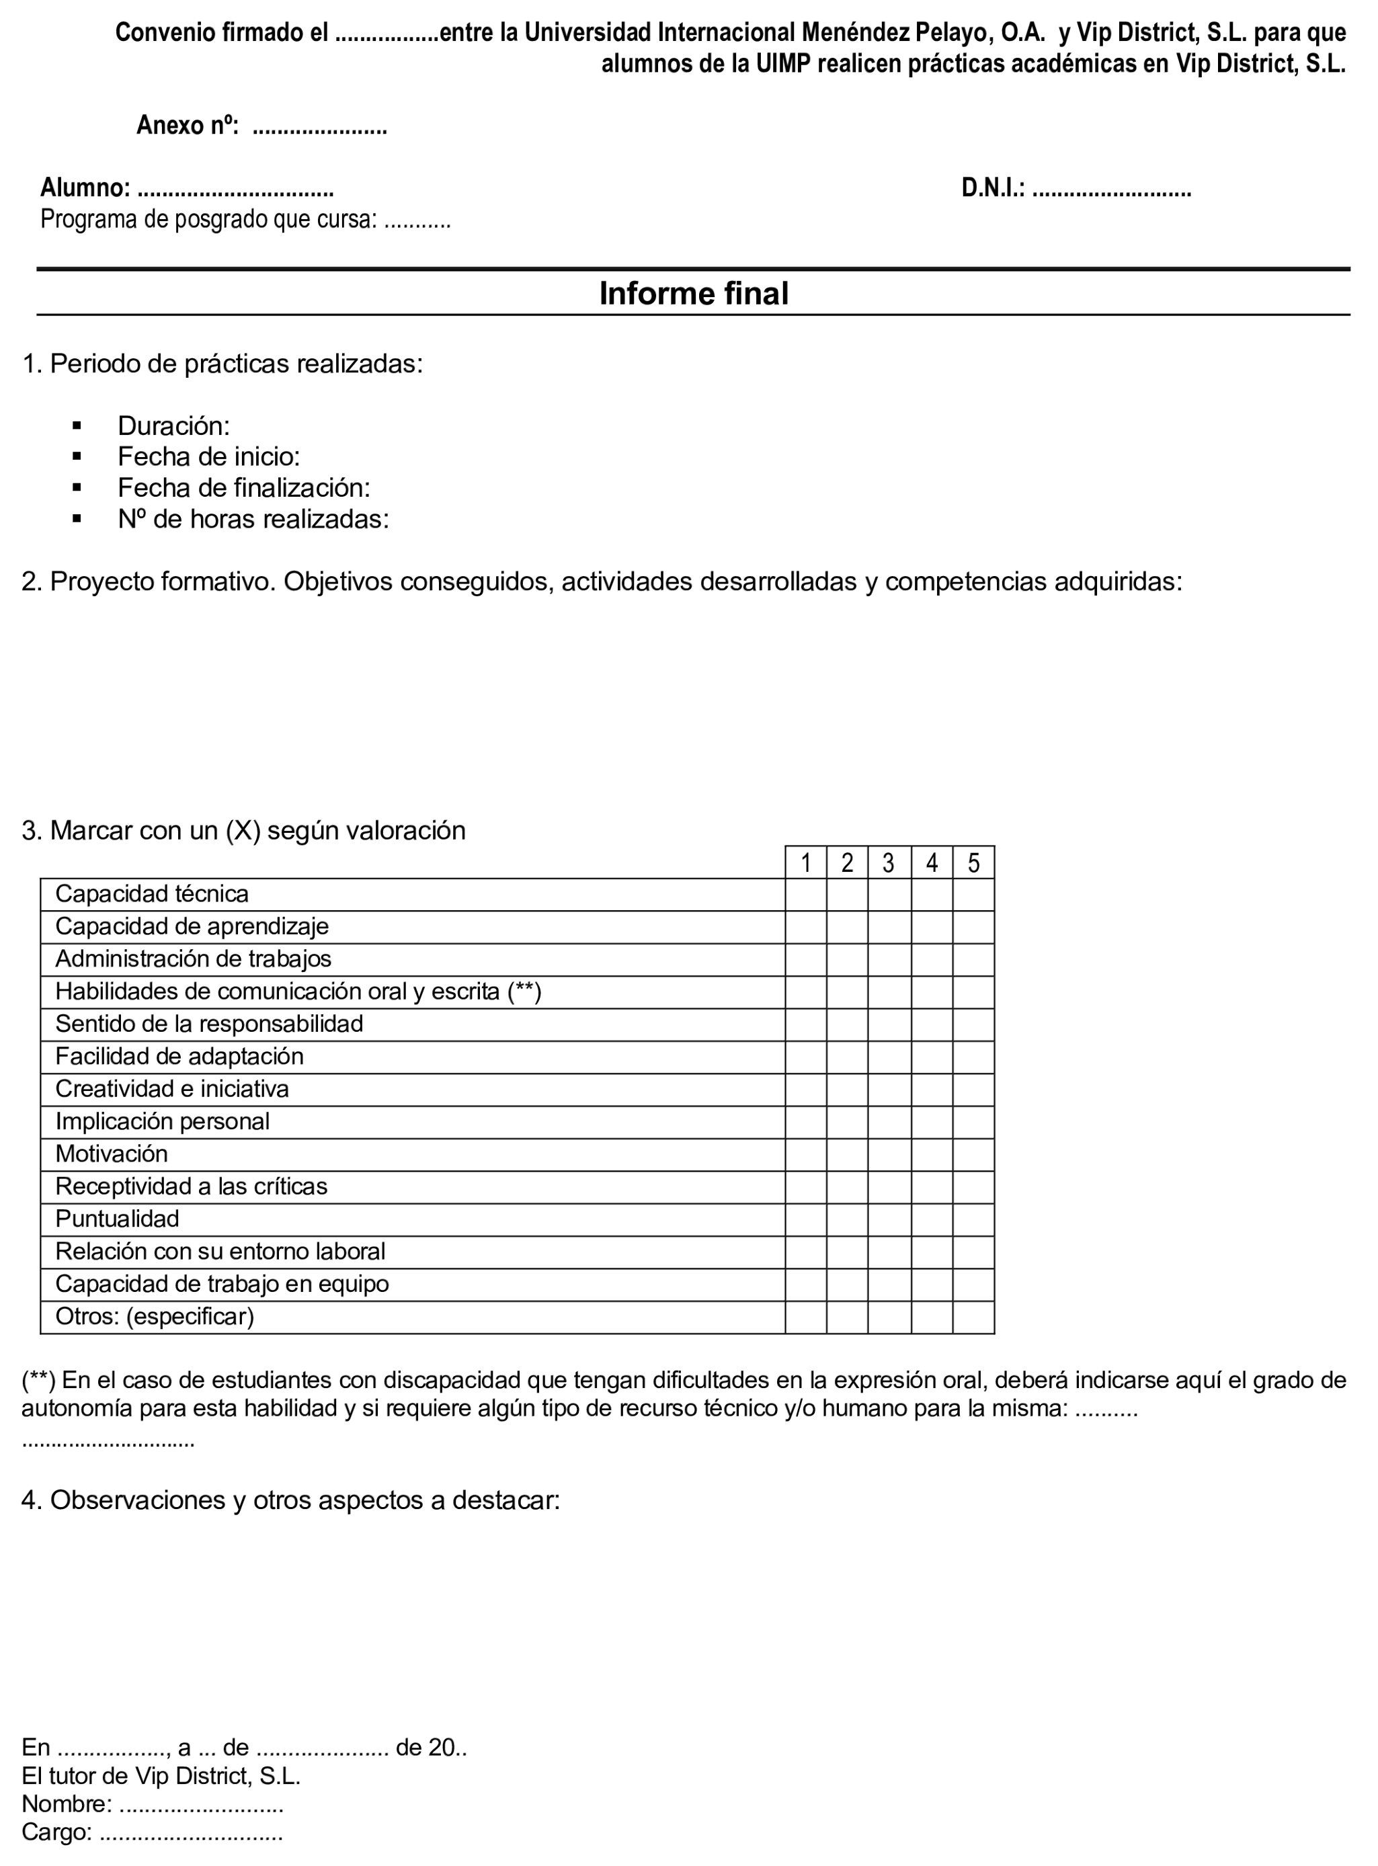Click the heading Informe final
693,294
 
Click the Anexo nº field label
188,126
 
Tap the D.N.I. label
993,188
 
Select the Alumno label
85,188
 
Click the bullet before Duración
77,426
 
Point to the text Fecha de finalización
243,488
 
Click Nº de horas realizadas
253,520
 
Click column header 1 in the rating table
806,863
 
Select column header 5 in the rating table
973,863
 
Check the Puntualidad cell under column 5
973,1219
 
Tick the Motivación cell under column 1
806,1154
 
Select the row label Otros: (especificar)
155,1317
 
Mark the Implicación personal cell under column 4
932,1122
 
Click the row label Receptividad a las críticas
191,1187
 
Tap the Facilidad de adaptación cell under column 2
847,1057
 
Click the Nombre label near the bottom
67,1804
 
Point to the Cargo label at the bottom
56,1832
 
